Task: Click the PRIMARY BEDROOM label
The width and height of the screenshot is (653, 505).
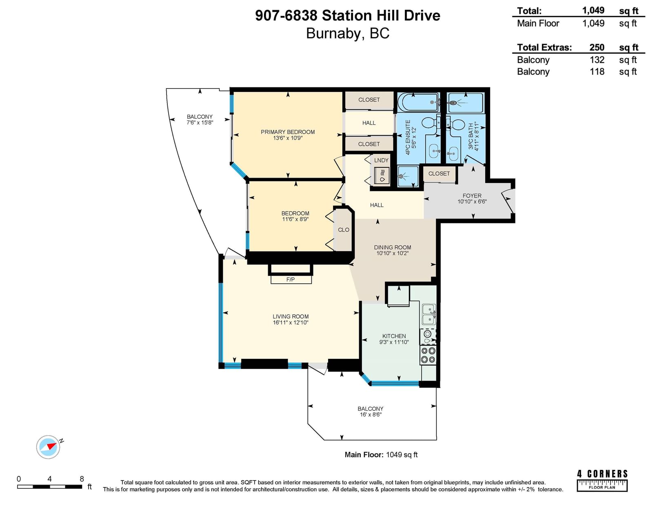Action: tap(288, 132)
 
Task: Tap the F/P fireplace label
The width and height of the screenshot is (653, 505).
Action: tap(290, 280)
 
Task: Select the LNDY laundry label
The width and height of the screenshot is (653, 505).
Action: tap(381, 160)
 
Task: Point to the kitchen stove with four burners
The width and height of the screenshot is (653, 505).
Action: tap(428, 355)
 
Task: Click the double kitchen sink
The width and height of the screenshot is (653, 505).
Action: tap(429, 314)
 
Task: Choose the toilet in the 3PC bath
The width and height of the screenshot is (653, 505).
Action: tap(456, 125)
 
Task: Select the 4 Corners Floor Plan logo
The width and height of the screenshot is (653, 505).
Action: tap(602, 481)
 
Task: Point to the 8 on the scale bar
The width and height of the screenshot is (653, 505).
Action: tap(82, 478)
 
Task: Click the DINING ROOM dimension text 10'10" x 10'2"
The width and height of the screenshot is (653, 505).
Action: tap(393, 253)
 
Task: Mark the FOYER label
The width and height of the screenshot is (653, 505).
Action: tap(472, 196)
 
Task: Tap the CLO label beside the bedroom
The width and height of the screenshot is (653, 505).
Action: tap(344, 230)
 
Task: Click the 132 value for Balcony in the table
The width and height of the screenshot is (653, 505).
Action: tap(597, 60)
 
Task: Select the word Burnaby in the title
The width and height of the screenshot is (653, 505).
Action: tap(333, 33)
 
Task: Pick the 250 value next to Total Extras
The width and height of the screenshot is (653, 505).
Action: tap(597, 47)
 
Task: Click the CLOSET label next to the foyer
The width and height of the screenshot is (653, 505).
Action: tap(439, 174)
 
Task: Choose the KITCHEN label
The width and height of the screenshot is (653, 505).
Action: tap(394, 336)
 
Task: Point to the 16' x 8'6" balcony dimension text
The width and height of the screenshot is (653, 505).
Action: tap(371, 414)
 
